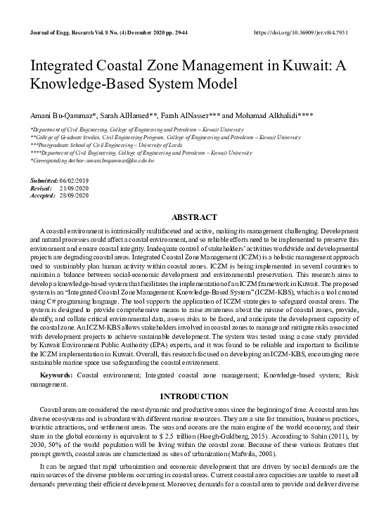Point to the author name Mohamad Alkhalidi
tap(269, 115)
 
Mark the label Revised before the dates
tap(41, 188)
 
